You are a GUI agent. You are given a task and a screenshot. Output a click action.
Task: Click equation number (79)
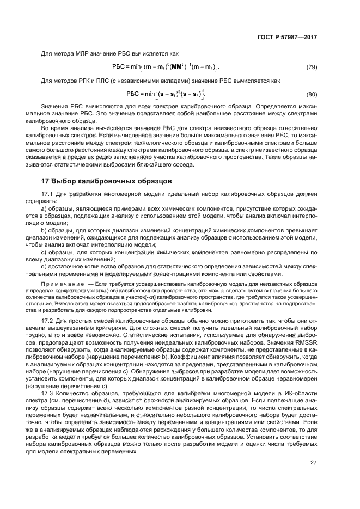[312, 67]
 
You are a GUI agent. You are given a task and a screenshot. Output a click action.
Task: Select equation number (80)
[312, 93]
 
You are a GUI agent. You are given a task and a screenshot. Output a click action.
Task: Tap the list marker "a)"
[45, 208]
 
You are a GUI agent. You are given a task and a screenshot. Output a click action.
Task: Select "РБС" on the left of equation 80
[133, 93]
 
